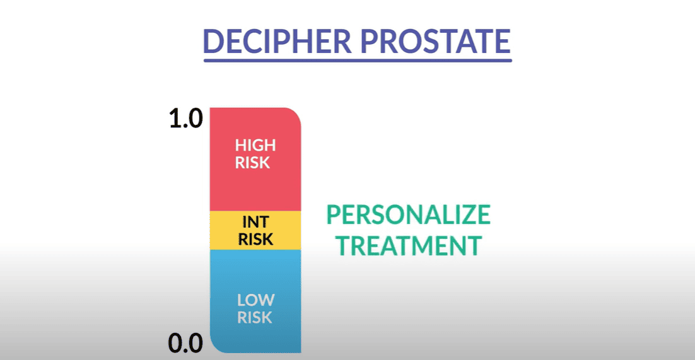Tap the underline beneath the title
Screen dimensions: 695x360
(358, 60)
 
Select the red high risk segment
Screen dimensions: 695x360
(255, 159)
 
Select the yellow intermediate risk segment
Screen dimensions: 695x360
(255, 230)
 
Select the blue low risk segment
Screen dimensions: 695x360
(255, 301)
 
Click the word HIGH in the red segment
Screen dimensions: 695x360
(255, 145)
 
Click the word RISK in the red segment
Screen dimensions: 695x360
(253, 163)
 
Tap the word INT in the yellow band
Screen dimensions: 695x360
(255, 222)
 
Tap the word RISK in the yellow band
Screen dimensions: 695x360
(255, 240)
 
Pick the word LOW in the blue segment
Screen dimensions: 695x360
(256, 300)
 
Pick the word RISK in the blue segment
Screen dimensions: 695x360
(255, 317)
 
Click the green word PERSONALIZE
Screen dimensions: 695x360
(409, 214)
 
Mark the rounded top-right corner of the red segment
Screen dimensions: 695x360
(296, 113)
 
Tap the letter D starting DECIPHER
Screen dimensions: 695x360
(214, 41)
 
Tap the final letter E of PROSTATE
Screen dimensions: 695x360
(503, 41)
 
